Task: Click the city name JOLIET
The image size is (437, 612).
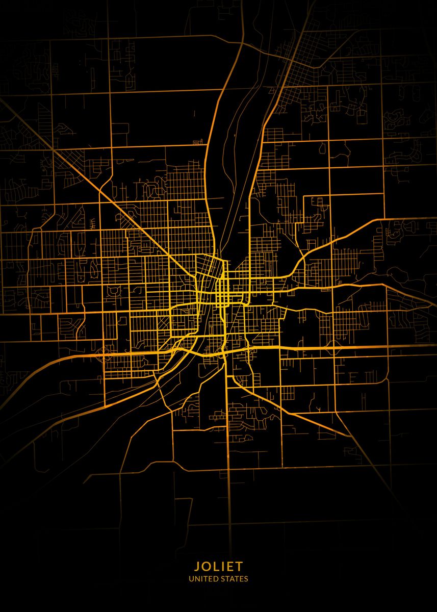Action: (218, 566)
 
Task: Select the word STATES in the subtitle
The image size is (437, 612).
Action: (235, 579)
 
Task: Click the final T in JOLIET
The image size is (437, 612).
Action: (240, 566)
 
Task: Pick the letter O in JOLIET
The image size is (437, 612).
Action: (205, 566)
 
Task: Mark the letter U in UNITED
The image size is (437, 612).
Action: (191, 579)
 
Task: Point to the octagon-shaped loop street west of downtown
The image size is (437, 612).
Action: (113, 291)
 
